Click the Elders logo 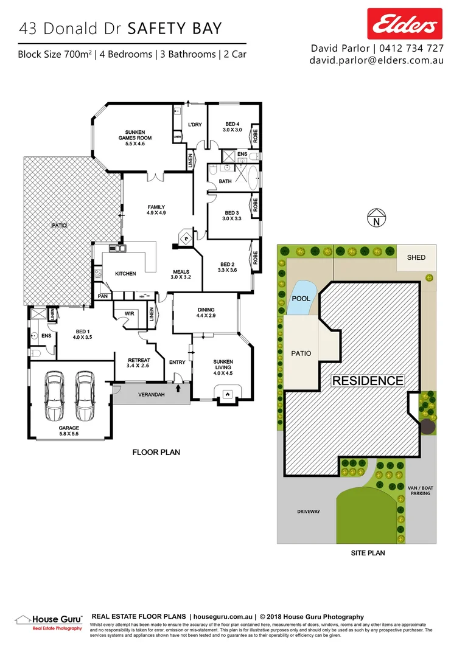(x=404, y=24)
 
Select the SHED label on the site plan (x=416, y=257)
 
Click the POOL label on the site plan (x=301, y=299)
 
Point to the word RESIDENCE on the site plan (x=367, y=381)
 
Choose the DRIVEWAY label (x=309, y=512)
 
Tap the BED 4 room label (x=232, y=127)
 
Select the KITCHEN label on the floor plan (x=126, y=274)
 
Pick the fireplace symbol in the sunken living (x=227, y=394)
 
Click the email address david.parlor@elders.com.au (x=377, y=60)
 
